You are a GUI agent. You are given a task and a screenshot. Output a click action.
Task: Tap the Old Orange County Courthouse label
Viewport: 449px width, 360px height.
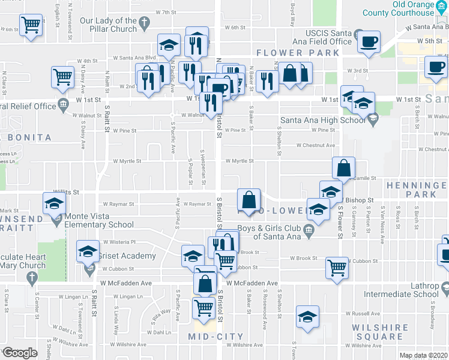point(421,8)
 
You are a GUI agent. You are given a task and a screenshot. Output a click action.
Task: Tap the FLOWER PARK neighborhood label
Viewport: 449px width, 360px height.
point(297,53)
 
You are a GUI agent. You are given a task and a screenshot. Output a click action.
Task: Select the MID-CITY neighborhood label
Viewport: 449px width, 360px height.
point(215,337)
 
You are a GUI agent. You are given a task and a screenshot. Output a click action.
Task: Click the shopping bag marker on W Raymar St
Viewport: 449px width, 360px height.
point(249,199)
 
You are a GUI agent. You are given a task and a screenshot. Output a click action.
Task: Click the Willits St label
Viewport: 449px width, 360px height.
point(69,192)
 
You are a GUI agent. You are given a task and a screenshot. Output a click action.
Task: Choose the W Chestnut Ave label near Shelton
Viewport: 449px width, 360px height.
point(315,145)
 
